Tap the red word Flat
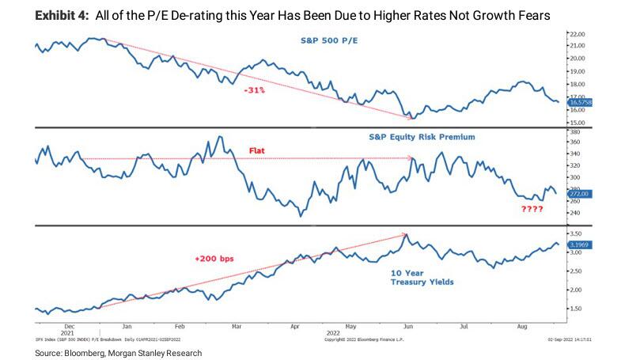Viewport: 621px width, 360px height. click(257, 149)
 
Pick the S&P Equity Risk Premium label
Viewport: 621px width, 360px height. click(428, 137)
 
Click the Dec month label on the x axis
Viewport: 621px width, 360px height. click(69, 325)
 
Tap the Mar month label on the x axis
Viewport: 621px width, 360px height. click(237, 325)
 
